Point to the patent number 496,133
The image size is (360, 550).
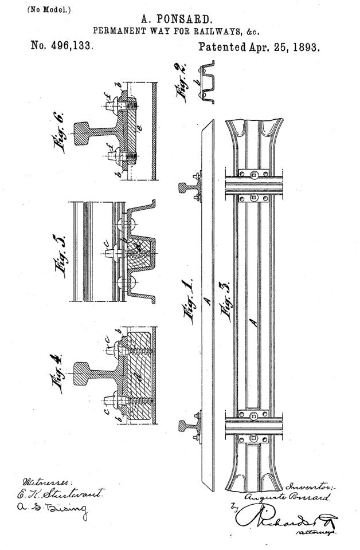point(61,47)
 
